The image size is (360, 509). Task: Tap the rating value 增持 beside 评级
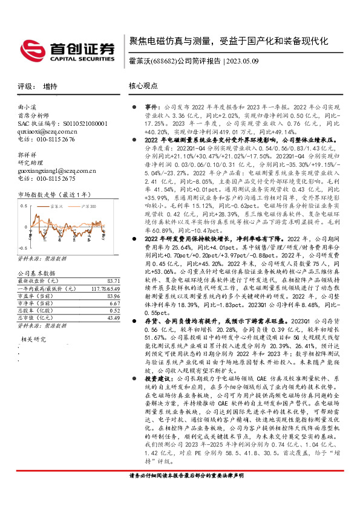50,86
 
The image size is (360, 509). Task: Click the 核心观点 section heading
143,86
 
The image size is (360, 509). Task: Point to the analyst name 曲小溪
28,107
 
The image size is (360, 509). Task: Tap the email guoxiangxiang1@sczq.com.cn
56,170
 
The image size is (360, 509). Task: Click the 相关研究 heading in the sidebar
32,340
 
